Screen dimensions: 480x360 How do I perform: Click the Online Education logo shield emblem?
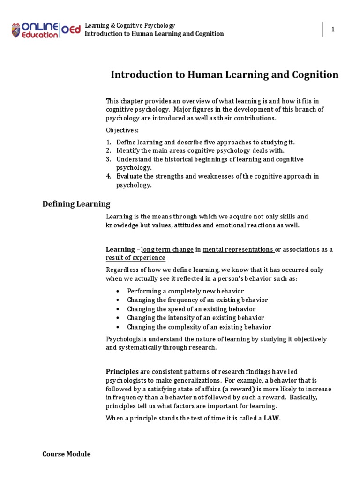(16, 30)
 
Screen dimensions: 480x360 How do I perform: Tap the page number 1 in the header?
(333, 30)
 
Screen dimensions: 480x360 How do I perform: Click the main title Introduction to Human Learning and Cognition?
(224, 75)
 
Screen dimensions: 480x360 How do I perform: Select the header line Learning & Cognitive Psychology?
(129, 25)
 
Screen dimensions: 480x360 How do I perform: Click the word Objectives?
(122, 130)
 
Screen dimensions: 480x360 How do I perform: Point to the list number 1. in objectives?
(108, 142)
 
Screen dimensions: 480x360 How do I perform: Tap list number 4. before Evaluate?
(108, 176)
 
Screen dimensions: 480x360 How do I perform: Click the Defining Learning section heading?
(76, 204)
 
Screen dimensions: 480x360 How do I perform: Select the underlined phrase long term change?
(167, 249)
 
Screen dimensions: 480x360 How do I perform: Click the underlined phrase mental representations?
(238, 249)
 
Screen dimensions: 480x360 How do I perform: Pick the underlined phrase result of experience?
(135, 258)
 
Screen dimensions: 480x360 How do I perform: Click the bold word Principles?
(122, 372)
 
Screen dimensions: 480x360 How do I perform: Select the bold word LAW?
(272, 419)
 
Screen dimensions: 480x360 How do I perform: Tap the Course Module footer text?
(66, 454)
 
